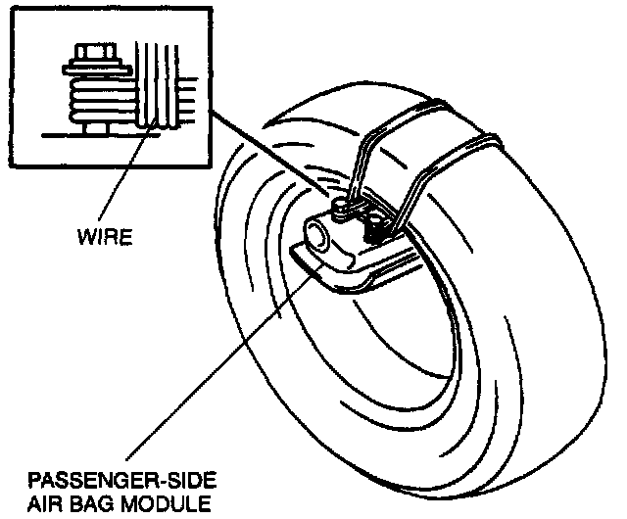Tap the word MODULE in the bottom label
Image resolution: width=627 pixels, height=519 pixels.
click(x=169, y=505)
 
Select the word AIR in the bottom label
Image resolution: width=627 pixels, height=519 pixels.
click(x=47, y=505)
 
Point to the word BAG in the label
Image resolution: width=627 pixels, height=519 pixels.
click(x=99, y=505)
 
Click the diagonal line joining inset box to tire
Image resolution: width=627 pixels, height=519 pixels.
click(x=265, y=147)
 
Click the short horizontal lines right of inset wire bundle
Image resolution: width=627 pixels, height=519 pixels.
click(x=186, y=98)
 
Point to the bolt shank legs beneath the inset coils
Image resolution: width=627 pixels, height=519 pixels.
click(x=94, y=126)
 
